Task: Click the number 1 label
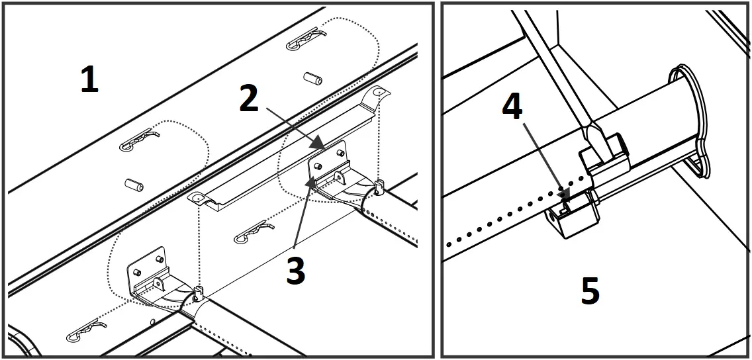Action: (89, 80)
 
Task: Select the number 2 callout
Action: (248, 99)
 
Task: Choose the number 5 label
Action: (590, 291)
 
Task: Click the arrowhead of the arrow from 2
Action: (320, 144)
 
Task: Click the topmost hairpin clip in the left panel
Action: (306, 42)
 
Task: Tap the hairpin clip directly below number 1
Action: (138, 138)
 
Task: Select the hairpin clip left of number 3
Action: (254, 231)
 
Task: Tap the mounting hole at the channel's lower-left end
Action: (197, 198)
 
